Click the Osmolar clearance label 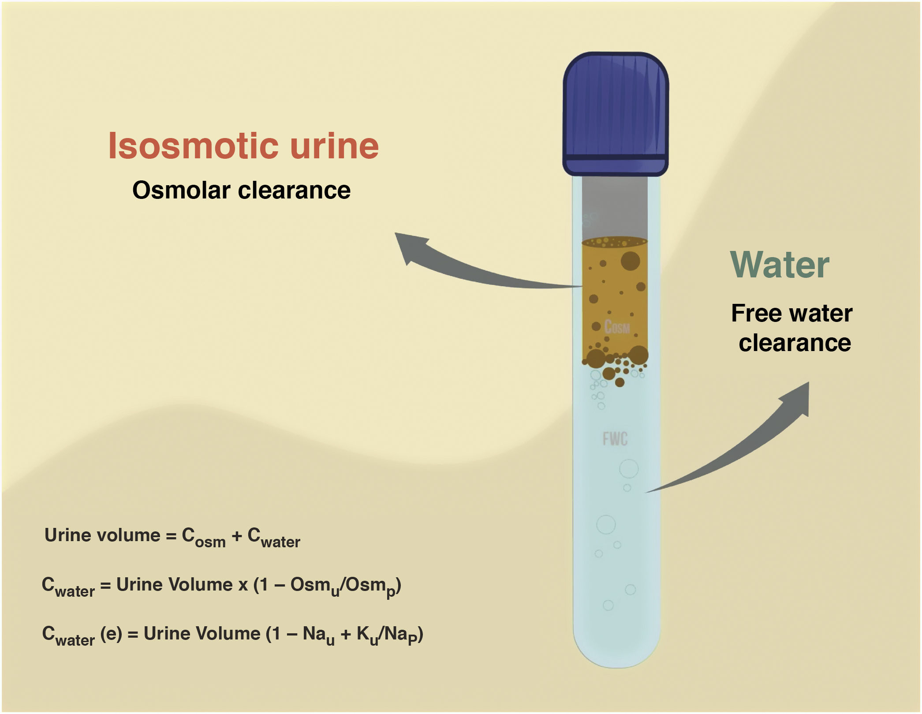241,191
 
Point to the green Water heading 780,265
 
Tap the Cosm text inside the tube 616,327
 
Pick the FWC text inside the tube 615,439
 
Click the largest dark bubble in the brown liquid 630,261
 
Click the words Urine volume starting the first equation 102,535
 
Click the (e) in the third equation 111,634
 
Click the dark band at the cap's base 615,157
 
